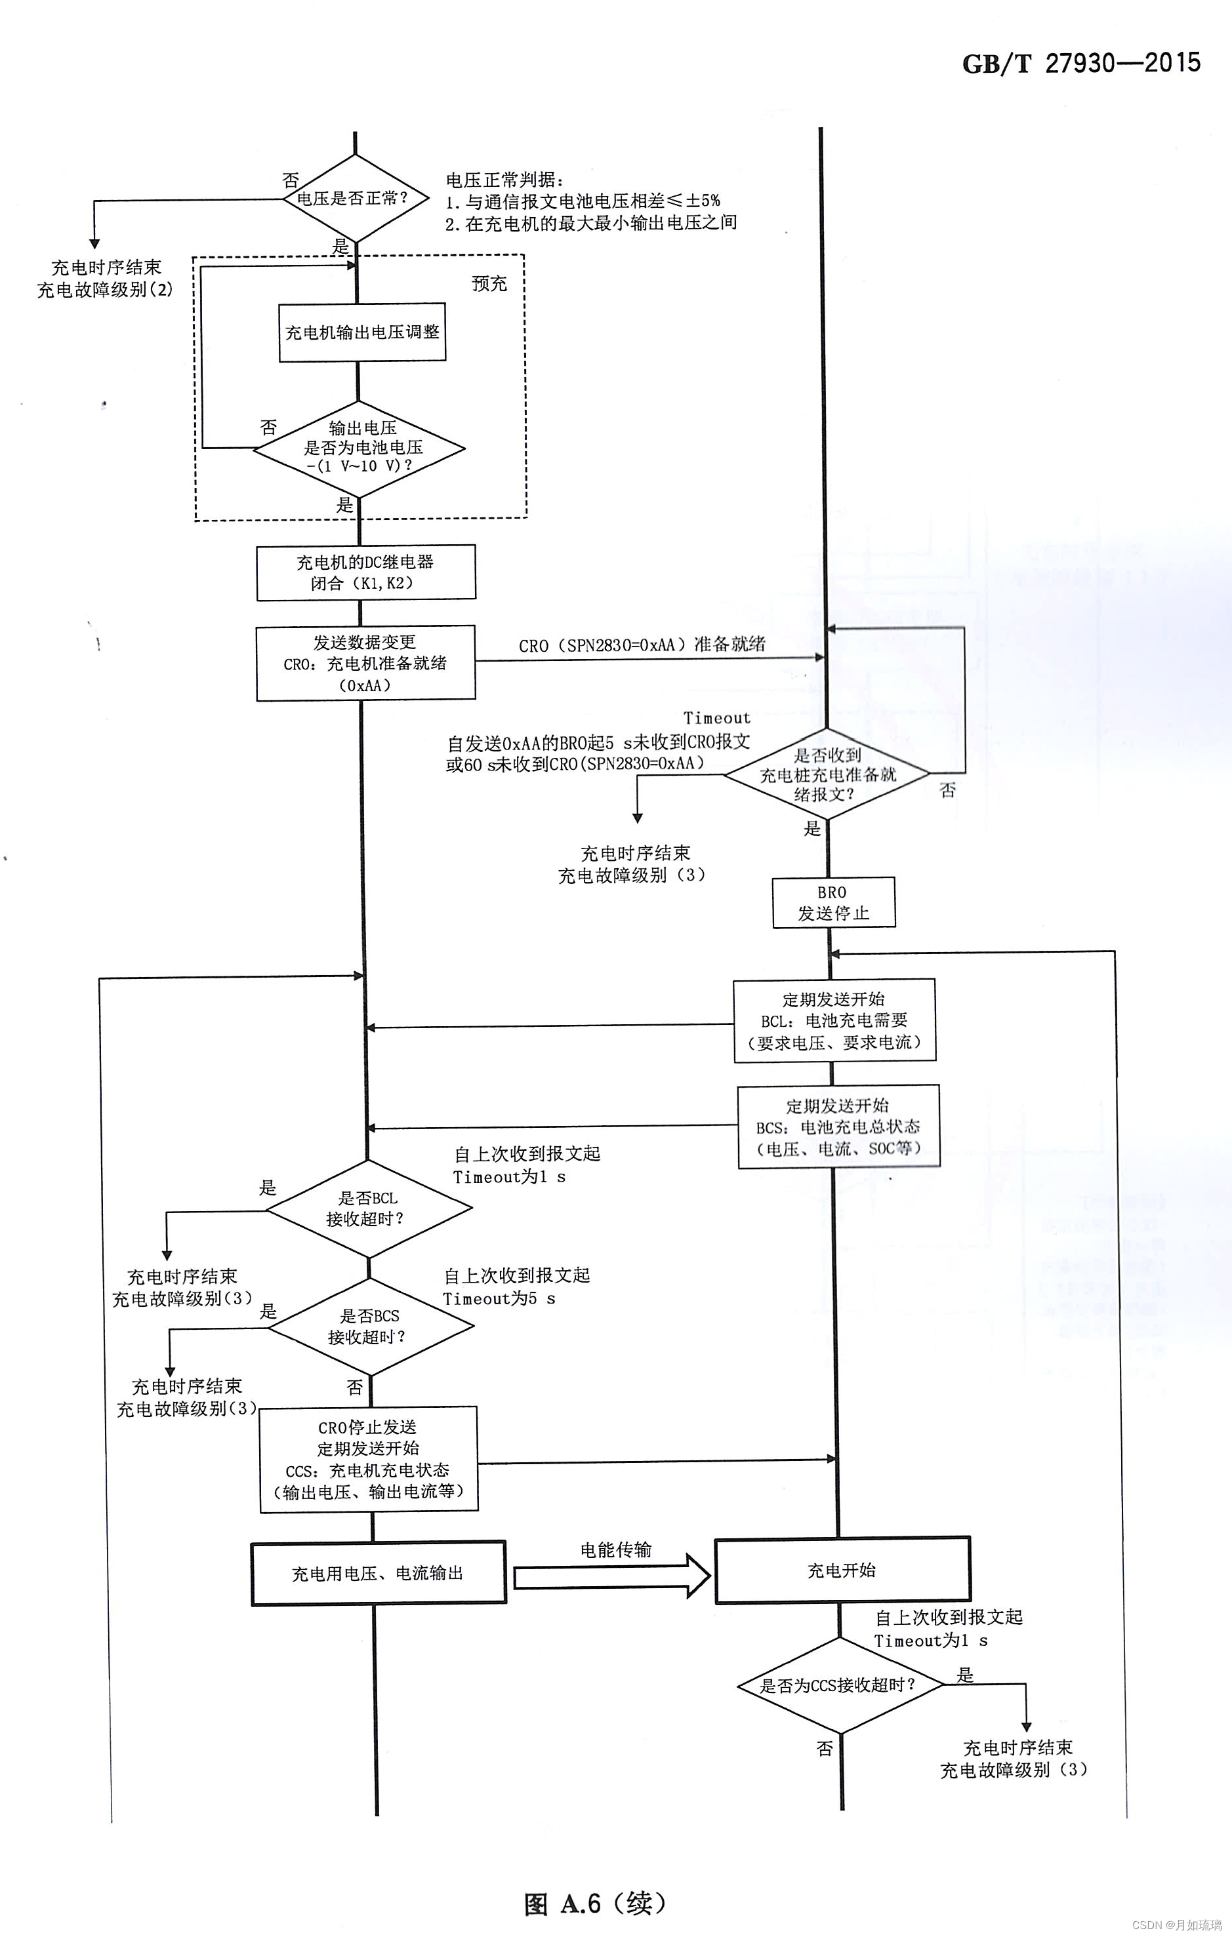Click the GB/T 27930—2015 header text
1080,64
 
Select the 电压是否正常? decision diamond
355,199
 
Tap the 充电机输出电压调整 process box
362,332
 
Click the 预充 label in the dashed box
489,283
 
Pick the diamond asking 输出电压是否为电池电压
359,448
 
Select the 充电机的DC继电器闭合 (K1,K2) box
365,572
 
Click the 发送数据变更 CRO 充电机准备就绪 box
365,664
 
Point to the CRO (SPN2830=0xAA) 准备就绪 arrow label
642,645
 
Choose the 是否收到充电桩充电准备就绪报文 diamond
827,774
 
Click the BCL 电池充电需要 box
834,1021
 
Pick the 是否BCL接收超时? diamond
369,1208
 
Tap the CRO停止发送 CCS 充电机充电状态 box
369,1459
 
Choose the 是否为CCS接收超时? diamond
839,1685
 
